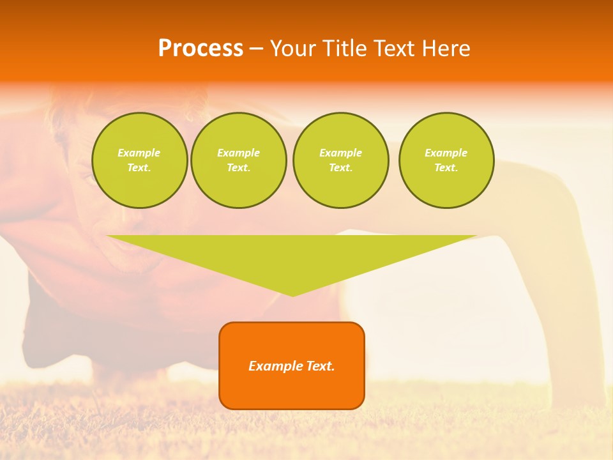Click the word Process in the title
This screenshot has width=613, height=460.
201,49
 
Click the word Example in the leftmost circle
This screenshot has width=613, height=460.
139,153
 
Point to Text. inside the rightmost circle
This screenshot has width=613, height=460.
446,167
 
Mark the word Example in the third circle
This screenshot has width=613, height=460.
340,153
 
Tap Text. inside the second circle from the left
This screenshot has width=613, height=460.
238,167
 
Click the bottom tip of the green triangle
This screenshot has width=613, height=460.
292,295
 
